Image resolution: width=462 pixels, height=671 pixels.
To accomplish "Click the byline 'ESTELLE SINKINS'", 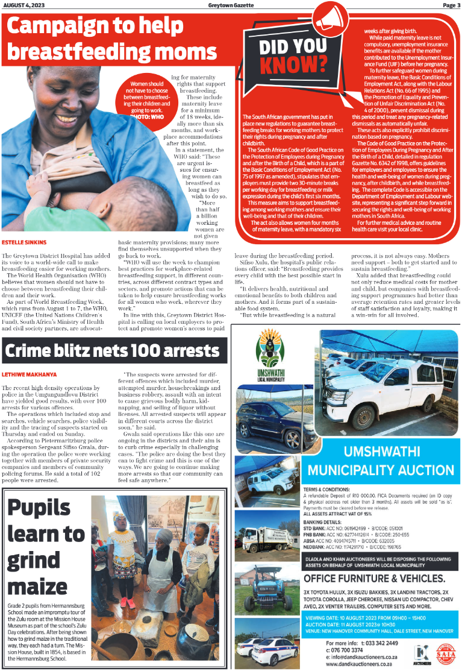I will (24, 242).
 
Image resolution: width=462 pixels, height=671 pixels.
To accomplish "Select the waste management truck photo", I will (266, 534).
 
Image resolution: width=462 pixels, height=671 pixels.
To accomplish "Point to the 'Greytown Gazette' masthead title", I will (231, 5).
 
